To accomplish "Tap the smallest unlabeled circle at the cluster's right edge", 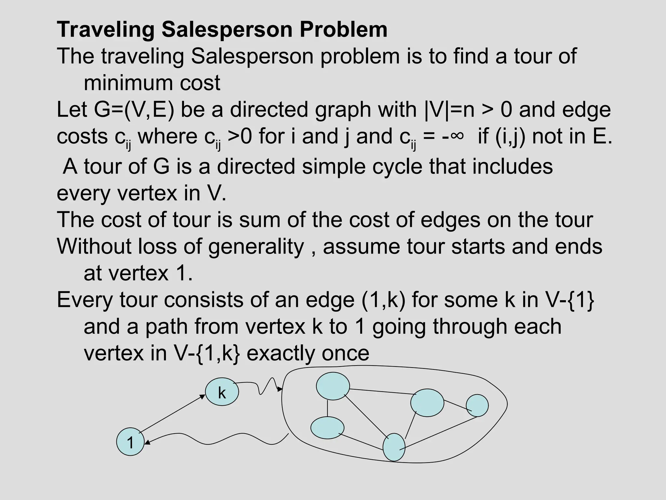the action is tap(477, 405).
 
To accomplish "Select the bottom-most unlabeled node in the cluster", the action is tap(394, 447).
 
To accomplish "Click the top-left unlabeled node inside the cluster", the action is tap(333, 386).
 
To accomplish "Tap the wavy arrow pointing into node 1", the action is tap(215, 440).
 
